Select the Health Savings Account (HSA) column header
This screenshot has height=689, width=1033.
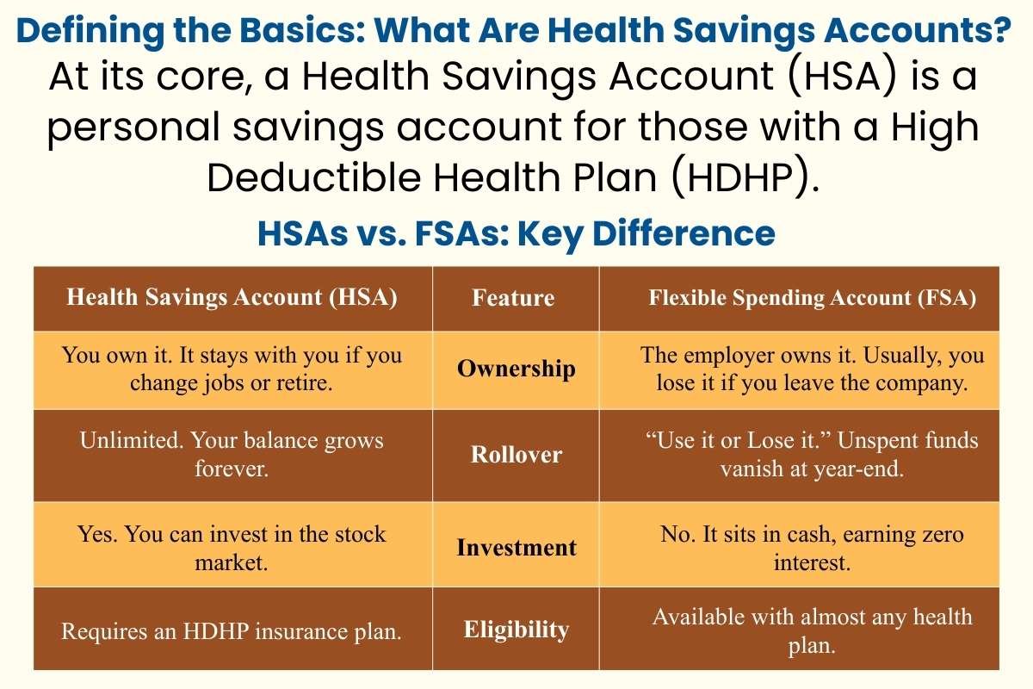[x=232, y=297]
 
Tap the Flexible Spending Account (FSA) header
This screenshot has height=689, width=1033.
[x=812, y=298]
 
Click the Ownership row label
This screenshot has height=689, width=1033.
[x=516, y=369]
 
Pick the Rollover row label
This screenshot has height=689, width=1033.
[x=516, y=455]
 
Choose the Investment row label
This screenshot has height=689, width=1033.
[x=516, y=548]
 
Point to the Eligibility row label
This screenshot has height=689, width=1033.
[x=516, y=630]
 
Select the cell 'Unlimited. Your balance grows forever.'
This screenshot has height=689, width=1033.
[x=232, y=455]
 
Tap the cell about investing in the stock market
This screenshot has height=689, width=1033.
[x=232, y=547]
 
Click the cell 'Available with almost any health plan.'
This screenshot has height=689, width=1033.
[x=812, y=630]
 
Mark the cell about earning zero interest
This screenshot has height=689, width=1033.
[x=812, y=549]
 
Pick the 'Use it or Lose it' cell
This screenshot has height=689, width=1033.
[x=812, y=454]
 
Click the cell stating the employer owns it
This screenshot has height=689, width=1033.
[x=812, y=369]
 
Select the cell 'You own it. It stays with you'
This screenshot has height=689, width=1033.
[x=232, y=369]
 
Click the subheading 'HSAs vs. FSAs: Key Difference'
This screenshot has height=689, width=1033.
[x=516, y=233]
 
